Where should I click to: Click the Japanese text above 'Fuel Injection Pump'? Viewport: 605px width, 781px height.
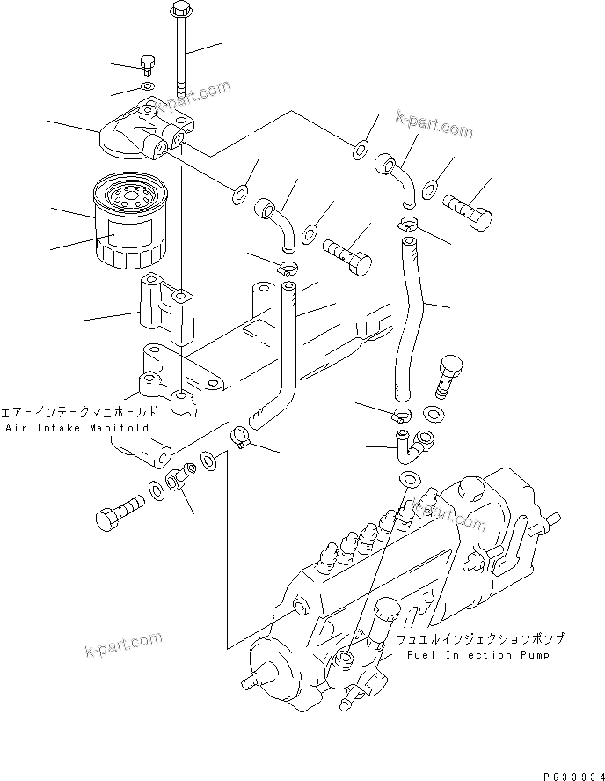click(x=479, y=639)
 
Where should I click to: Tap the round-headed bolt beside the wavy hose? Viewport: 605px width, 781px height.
click(x=448, y=370)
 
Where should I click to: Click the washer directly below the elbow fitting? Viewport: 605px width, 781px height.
click(x=408, y=478)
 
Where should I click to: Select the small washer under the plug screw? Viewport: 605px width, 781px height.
click(x=146, y=86)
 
